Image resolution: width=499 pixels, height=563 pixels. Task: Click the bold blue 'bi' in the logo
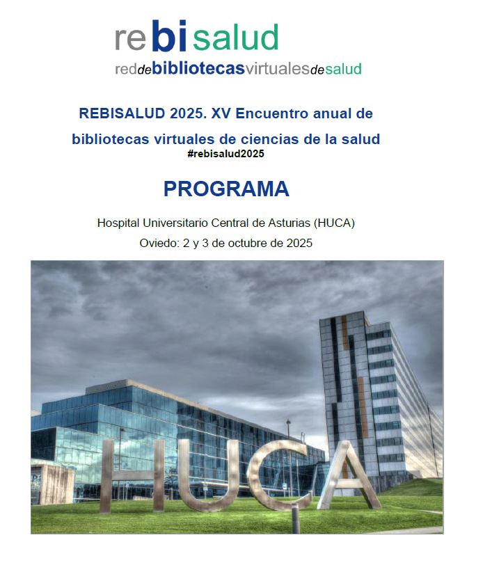[169, 38]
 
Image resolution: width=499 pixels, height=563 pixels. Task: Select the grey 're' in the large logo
[130, 40]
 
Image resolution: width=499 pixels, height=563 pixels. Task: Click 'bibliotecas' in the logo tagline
[198, 69]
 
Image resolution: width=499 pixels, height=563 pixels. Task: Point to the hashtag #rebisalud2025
[226, 154]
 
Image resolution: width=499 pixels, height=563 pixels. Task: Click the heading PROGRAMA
[226, 189]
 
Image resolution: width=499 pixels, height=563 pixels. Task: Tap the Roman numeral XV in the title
[223, 113]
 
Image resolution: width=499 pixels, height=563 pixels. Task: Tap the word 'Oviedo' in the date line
[157, 244]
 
